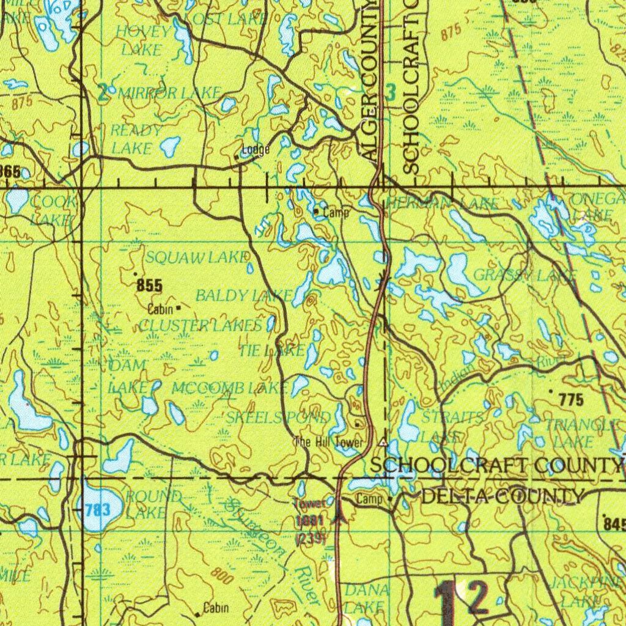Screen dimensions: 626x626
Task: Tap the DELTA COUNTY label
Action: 503,496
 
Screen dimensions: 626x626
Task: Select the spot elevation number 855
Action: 149,285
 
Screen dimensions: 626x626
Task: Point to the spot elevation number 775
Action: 571,400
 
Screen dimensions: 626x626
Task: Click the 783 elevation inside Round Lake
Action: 98,509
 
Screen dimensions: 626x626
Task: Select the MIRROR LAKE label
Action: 169,94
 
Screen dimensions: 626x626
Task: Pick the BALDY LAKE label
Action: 244,296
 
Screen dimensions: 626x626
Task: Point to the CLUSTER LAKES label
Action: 200,325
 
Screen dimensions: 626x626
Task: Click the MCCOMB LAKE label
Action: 229,388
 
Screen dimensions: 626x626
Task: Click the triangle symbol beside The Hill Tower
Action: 383,441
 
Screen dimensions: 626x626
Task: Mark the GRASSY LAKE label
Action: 525,275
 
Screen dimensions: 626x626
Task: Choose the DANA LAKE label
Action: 367,598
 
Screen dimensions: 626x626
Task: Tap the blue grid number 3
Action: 391,93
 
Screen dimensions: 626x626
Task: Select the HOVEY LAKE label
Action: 142,40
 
